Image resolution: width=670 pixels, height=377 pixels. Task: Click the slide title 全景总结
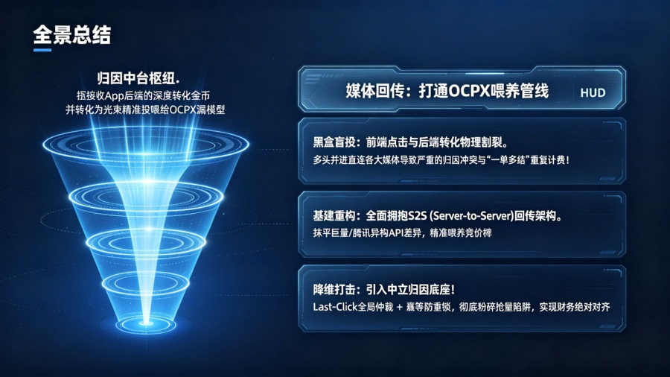click(71, 34)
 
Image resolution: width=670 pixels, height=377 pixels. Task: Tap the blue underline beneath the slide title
click(42, 51)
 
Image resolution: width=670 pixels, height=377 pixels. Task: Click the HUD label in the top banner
click(593, 93)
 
